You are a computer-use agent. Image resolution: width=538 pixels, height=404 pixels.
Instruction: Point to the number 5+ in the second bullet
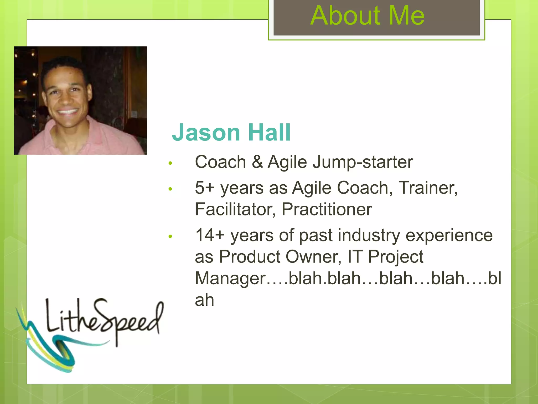click(x=205, y=188)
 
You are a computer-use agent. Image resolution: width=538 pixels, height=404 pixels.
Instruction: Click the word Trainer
click(x=428, y=188)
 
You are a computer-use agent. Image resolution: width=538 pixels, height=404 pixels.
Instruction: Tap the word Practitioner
click(x=327, y=209)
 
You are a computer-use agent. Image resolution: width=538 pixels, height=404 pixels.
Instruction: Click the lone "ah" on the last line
click(x=204, y=300)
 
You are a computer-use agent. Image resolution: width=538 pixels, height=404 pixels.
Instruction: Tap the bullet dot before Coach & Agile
click(x=170, y=163)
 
